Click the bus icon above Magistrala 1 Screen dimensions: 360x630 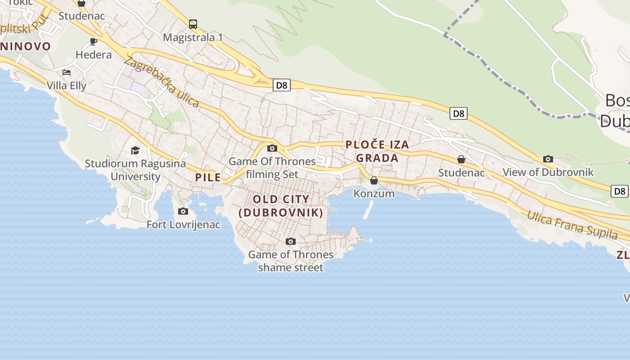(x=193, y=24)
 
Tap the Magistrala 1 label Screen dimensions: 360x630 (x=193, y=37)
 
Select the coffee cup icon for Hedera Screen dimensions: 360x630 (x=94, y=42)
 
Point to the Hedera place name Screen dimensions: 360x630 (x=94, y=55)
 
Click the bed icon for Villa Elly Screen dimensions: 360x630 (x=67, y=72)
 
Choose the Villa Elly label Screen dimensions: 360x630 (x=67, y=85)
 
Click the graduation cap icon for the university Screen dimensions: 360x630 (x=135, y=150)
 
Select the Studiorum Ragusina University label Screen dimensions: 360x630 (x=135, y=170)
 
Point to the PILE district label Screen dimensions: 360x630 (x=208, y=177)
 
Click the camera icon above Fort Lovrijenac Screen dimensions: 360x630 (x=183, y=211)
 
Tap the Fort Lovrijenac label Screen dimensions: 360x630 (x=184, y=224)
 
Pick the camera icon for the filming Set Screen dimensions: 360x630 (x=272, y=148)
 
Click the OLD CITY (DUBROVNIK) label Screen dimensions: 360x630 (x=281, y=206)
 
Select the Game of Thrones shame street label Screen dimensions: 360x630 (x=291, y=261)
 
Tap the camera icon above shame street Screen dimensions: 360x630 (x=291, y=242)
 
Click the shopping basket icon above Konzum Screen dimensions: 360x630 (x=374, y=181)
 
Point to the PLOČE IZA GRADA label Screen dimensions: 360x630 (x=378, y=151)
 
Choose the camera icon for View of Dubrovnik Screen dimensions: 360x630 (x=548, y=159)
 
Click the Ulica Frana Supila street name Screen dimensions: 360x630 (x=572, y=225)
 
